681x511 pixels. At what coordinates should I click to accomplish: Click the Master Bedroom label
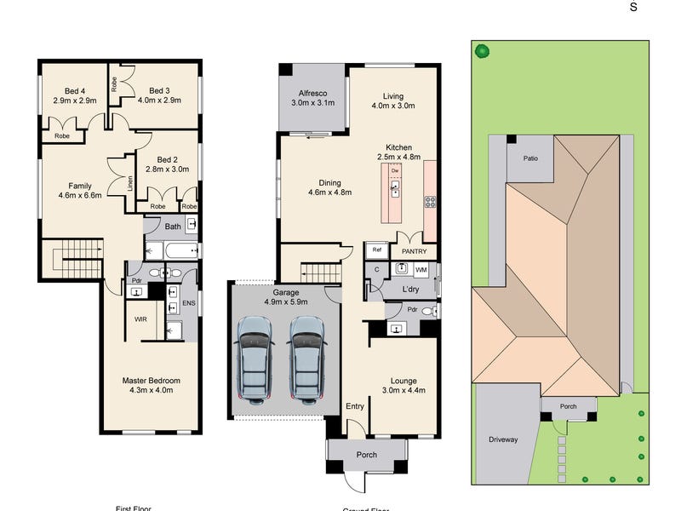[x=149, y=380]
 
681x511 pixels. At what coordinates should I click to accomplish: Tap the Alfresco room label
[x=313, y=95]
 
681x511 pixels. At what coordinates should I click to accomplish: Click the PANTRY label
[x=415, y=252]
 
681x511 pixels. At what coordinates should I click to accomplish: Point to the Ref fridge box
[x=375, y=250]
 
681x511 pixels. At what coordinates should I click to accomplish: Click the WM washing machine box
[x=421, y=270]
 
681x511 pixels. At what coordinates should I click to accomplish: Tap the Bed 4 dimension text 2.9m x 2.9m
[x=74, y=100]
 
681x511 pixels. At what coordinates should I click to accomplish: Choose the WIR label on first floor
[x=141, y=319]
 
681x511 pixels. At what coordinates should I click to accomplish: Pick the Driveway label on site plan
[x=503, y=439]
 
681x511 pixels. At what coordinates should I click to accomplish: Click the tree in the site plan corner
[x=483, y=50]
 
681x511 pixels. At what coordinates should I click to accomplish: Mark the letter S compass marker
[x=632, y=7]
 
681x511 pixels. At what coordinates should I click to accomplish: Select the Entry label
[x=355, y=406]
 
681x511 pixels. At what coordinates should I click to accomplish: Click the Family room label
[x=74, y=186]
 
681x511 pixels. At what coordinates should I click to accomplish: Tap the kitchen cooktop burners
[x=430, y=202]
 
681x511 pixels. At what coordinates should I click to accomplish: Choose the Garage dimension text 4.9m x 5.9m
[x=284, y=301]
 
